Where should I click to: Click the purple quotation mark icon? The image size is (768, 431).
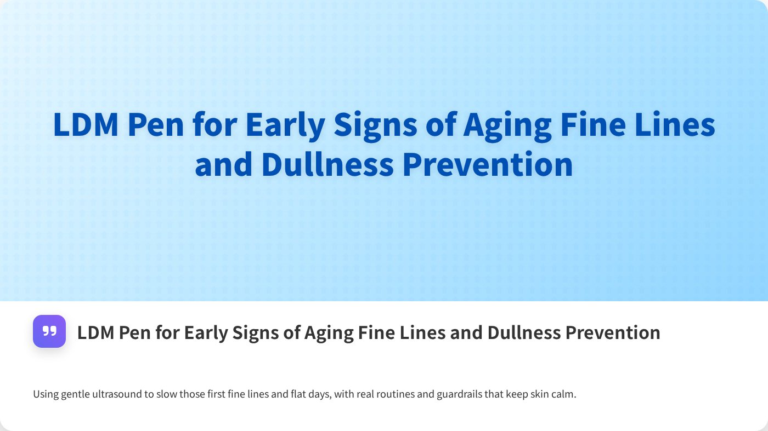(49, 331)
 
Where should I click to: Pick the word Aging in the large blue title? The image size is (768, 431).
(507, 125)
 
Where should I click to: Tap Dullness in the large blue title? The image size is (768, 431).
(327, 164)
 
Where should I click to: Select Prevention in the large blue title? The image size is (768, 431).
(488, 164)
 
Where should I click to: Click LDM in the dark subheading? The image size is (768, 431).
(94, 332)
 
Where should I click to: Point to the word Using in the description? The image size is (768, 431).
(44, 394)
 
